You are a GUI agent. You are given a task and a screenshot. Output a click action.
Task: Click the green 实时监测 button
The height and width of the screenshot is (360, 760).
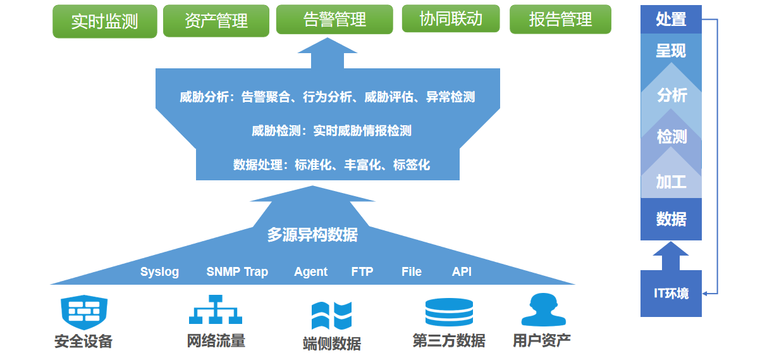coord(105,21)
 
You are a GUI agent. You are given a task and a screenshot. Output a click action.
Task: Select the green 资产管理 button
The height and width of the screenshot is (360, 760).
coord(216,20)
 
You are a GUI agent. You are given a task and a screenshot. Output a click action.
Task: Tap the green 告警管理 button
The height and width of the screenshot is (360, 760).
coord(334,19)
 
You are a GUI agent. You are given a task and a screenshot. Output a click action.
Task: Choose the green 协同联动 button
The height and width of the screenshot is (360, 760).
coord(451,18)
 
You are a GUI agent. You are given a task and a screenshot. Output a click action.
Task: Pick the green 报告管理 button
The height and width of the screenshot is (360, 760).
coord(560,19)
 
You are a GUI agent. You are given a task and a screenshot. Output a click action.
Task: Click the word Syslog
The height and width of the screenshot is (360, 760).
coord(159,272)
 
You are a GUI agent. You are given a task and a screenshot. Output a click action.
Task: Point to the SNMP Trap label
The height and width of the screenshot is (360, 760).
coord(237,271)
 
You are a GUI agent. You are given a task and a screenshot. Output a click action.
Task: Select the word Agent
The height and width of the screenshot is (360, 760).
coord(311,272)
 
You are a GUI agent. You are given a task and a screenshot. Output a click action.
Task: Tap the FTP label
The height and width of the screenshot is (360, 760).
coord(362,271)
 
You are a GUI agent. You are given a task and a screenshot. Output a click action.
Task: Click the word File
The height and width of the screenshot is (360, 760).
coord(412,271)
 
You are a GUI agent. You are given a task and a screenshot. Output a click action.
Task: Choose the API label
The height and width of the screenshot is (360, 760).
coord(462,271)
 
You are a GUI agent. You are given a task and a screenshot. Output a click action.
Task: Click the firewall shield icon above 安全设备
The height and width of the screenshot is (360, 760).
coord(84,312)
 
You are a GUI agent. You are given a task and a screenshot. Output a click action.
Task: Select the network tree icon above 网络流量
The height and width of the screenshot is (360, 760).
coord(216,309)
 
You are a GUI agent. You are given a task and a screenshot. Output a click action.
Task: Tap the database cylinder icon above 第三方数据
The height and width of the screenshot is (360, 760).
coord(449,312)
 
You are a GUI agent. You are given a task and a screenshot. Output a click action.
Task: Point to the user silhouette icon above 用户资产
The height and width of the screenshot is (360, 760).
coord(544,309)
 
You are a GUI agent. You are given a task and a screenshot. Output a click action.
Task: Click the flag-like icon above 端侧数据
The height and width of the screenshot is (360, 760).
coord(331,316)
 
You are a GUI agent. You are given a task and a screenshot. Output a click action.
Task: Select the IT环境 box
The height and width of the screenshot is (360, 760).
coord(671,294)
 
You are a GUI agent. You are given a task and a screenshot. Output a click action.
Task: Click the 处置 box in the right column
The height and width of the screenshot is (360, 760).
coord(671,20)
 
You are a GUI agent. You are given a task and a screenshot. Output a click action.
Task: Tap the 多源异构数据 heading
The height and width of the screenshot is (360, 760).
coord(312,235)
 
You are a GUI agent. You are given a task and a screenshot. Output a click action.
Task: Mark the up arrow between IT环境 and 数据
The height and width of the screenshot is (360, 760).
coord(671,256)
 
